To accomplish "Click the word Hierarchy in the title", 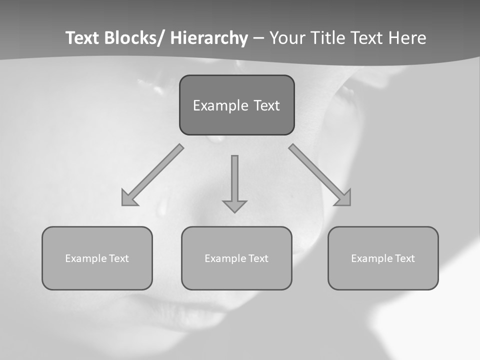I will pos(209,38).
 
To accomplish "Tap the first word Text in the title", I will pos(83,38).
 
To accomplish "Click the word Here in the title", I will pos(407,38).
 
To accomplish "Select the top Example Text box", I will pos(236,105).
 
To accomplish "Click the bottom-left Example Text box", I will pos(97,258).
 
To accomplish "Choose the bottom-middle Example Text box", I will pos(236,258).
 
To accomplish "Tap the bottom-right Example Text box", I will pos(383,258).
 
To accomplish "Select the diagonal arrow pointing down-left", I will pos(152,175).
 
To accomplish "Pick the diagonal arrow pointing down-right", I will pos(320,175).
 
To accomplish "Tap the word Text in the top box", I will pos(266,105).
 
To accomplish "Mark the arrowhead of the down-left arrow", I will pos(128,198).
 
